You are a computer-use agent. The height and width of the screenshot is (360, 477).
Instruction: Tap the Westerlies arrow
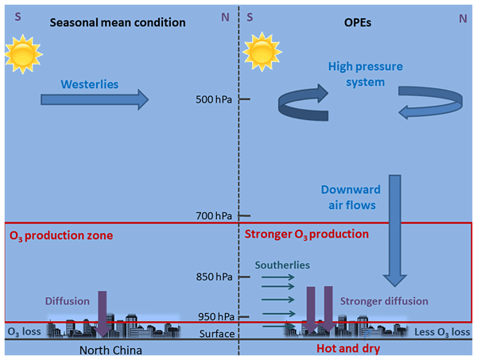[93, 99]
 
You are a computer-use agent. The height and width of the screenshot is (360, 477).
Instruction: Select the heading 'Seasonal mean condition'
[117, 22]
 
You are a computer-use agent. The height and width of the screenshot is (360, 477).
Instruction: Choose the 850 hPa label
[215, 277]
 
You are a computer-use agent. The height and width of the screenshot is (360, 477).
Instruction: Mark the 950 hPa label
[215, 316]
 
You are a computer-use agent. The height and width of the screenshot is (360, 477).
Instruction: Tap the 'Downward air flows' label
[351, 198]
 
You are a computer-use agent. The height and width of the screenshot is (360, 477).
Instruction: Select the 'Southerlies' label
[283, 264]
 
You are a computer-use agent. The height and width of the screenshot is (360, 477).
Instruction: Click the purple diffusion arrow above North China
[103, 312]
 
